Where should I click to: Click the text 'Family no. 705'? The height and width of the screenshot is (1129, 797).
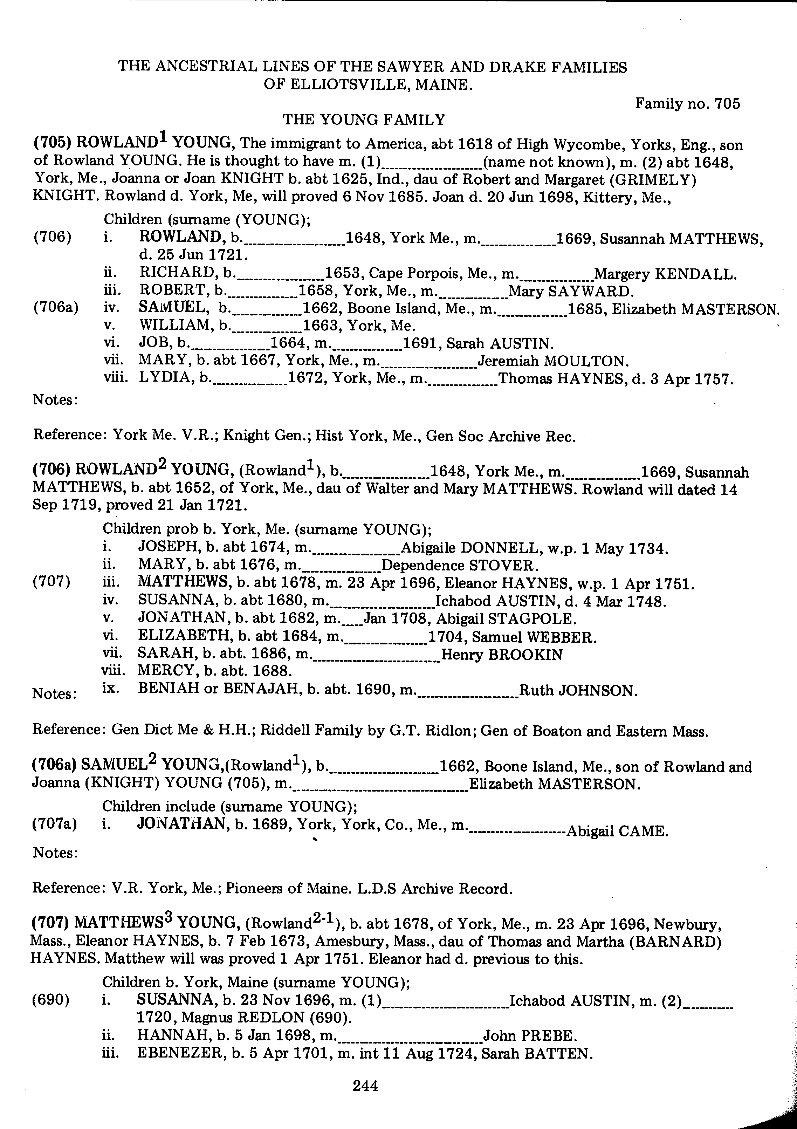point(687,103)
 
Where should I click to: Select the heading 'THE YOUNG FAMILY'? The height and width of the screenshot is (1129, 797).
point(364,119)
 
